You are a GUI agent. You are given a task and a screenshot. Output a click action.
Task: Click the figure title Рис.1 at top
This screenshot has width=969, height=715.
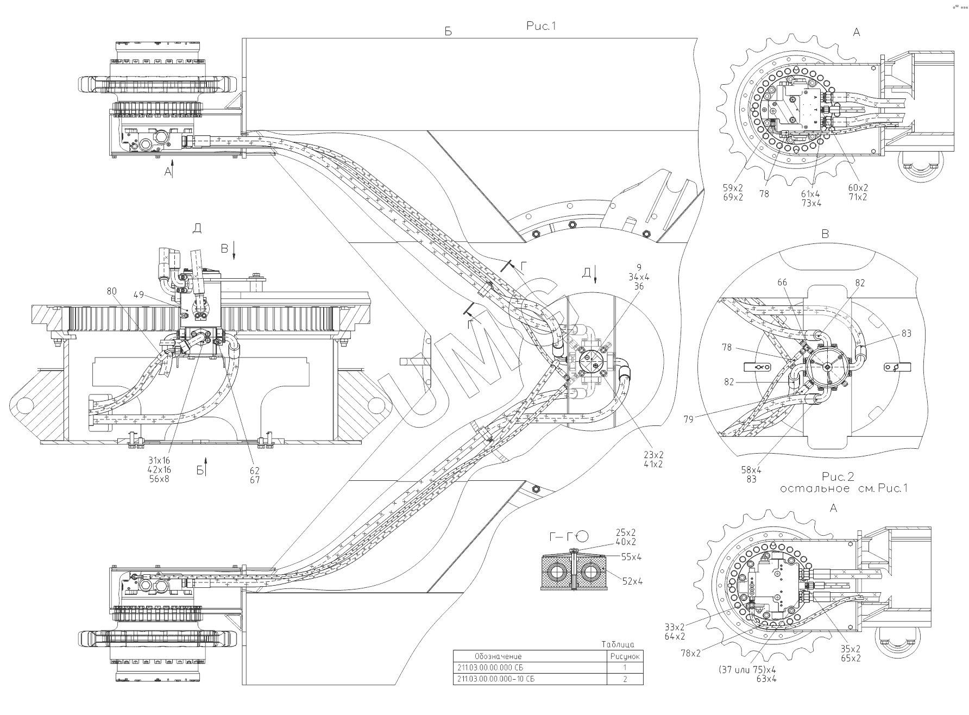coord(542,26)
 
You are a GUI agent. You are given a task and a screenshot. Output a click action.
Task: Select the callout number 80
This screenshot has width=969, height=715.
coord(111,291)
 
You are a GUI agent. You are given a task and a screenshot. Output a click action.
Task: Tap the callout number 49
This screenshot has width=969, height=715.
coord(138,295)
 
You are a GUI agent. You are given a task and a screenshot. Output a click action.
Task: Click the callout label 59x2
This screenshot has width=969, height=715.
coord(733,187)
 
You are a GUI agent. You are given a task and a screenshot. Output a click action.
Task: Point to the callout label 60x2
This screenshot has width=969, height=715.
coord(858,187)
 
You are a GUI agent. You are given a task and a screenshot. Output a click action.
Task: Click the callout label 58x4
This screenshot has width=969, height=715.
coord(751,470)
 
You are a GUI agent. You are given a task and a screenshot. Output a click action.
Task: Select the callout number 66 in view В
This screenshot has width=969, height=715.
coord(782,283)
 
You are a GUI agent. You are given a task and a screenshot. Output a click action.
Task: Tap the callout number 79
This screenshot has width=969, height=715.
coord(689,419)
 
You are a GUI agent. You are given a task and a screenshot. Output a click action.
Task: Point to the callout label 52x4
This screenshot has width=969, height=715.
coord(633,581)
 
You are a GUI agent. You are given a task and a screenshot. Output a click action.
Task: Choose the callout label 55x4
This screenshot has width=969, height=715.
coord(632,557)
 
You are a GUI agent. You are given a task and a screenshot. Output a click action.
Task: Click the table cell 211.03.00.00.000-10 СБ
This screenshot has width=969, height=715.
coord(496,679)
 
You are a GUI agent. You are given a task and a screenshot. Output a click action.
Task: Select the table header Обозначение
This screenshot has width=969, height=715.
coord(498,656)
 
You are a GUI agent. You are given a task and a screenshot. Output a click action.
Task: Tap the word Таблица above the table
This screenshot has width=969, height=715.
coord(618,644)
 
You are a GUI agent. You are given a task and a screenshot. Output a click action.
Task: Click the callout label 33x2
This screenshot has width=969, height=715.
coord(675,626)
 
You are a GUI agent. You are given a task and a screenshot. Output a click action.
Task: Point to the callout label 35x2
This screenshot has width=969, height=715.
coord(850,649)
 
